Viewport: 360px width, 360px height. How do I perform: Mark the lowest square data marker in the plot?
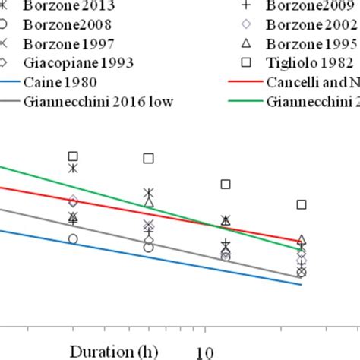pyautogui.click(x=302, y=204)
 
